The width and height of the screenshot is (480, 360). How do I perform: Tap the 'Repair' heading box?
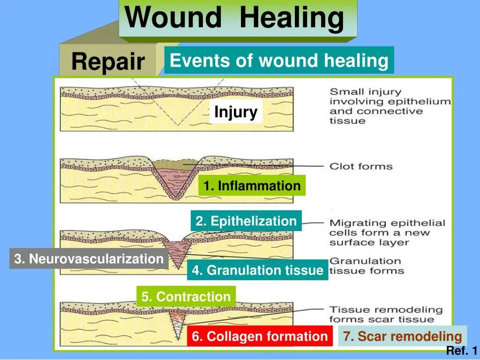pos(108,61)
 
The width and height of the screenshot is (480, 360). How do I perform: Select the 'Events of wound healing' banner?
pos(279,60)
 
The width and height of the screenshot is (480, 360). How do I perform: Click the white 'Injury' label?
pos(236,112)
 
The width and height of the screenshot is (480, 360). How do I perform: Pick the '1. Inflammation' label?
pos(252,186)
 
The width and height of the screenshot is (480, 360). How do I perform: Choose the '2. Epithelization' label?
pos(246,221)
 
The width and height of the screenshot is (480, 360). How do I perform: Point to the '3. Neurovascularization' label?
pos(89,259)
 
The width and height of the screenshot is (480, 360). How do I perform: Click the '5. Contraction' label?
pos(186,296)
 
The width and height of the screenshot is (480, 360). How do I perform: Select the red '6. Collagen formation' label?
pos(260,336)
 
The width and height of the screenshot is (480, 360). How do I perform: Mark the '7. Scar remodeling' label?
pos(402,336)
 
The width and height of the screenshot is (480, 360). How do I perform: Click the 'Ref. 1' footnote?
pos(461,351)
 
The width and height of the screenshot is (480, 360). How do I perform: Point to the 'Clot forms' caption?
pos(360,166)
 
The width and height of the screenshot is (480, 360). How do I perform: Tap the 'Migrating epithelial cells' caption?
pos(387,232)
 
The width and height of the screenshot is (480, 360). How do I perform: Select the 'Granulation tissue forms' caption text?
pos(366,266)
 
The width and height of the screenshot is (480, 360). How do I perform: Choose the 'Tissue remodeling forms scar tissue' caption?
pos(386,315)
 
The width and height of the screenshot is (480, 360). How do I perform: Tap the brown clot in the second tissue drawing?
pos(176,164)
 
